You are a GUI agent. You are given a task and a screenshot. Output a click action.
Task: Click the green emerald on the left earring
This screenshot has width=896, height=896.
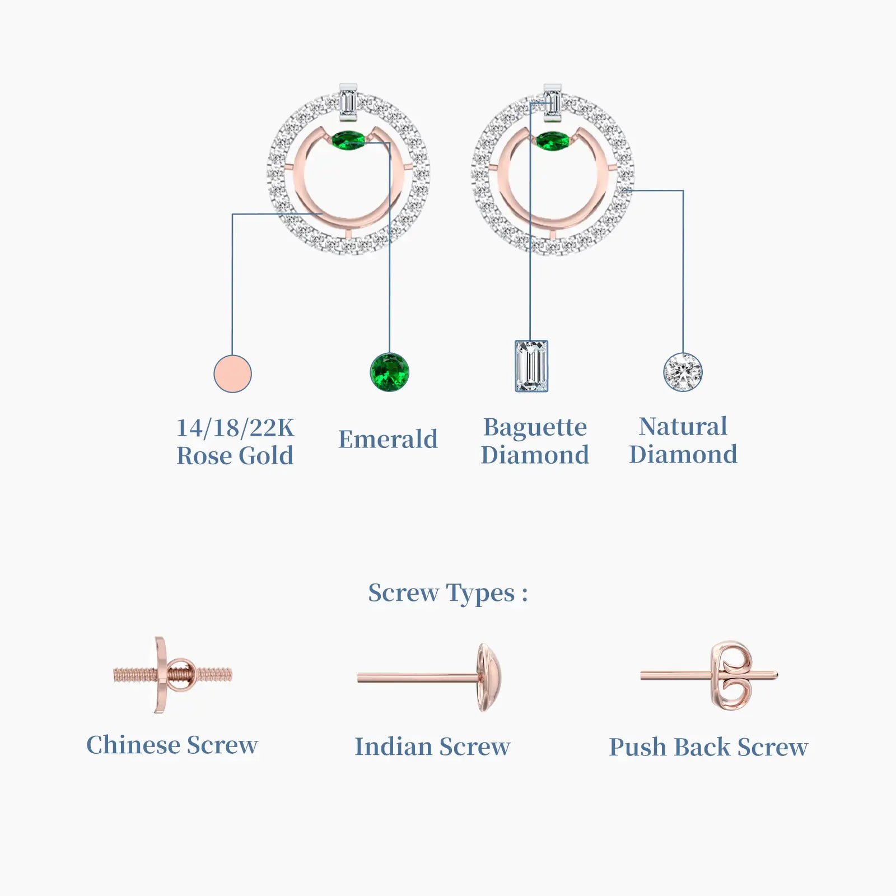(x=348, y=139)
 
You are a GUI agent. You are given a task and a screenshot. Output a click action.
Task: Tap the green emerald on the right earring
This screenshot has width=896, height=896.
(x=552, y=140)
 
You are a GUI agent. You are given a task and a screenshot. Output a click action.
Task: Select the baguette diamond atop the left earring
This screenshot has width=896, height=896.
(x=348, y=102)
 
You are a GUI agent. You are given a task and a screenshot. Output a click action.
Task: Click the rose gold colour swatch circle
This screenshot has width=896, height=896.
(x=232, y=374)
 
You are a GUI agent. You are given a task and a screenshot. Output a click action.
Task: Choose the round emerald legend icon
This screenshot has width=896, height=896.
(x=390, y=372)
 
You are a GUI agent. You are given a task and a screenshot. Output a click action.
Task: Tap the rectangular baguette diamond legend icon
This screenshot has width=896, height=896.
(x=531, y=366)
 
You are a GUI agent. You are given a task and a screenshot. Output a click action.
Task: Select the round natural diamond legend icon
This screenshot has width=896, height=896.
(x=683, y=372)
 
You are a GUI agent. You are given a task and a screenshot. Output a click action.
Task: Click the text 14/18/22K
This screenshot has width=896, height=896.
(x=235, y=428)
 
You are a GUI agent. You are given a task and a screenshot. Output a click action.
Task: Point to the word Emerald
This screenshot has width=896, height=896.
(x=388, y=439)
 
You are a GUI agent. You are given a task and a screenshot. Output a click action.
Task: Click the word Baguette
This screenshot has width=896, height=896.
(x=535, y=427)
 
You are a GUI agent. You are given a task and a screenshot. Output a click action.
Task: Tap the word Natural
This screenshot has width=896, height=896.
(x=683, y=426)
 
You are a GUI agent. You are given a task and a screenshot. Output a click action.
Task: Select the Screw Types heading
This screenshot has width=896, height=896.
(x=447, y=593)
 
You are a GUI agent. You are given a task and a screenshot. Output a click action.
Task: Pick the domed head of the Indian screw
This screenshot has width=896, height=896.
(x=489, y=678)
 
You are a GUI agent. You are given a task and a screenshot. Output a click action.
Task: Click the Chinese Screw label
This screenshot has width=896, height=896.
(x=172, y=745)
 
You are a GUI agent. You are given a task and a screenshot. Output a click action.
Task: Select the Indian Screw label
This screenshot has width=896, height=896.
(x=432, y=746)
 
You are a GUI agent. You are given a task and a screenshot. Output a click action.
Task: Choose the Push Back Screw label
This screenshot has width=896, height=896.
(x=708, y=747)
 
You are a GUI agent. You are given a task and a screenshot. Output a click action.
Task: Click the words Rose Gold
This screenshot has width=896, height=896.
(x=235, y=456)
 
